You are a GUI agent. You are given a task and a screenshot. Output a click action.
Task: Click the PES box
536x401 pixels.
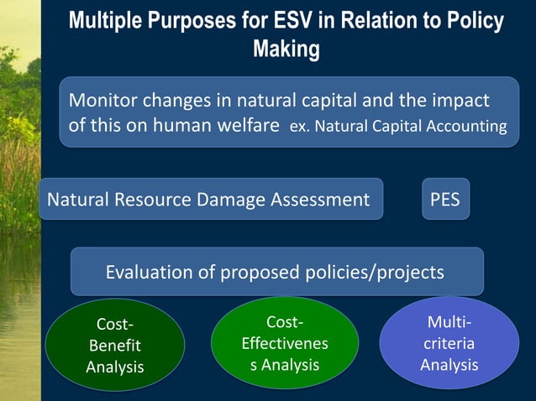445,200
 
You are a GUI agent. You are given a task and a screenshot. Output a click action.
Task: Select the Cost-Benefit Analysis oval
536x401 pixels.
114,346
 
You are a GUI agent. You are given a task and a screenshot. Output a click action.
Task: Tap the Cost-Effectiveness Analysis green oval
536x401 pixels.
284,343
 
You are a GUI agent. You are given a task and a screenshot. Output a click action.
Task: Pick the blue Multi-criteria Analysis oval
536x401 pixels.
449,343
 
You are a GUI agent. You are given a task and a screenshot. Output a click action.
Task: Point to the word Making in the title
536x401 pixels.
286,49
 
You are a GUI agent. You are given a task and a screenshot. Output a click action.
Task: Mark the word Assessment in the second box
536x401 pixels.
322,200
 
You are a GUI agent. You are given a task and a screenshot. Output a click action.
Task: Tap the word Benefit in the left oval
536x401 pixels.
114,346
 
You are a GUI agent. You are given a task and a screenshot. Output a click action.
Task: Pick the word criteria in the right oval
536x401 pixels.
449,344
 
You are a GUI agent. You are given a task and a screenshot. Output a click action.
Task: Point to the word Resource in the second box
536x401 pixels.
152,200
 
